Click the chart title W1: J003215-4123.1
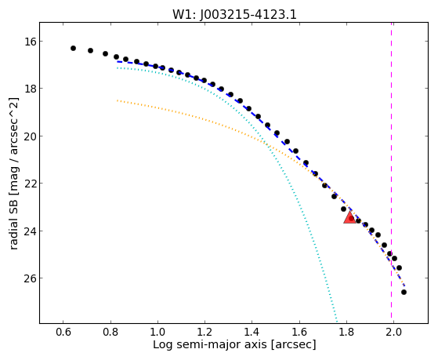[x=234, y=15]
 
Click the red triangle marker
[x=349, y=217]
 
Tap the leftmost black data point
[x=73, y=48]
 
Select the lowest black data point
[x=404, y=292]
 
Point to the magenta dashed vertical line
[x=391, y=173]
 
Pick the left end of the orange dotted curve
[x=118, y=100]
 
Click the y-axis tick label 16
[x=31, y=42]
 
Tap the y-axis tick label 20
[x=31, y=136]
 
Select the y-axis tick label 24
[x=31, y=231]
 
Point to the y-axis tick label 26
[x=31, y=278]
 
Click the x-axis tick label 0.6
[x=63, y=333]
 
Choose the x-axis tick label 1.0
[x=157, y=333]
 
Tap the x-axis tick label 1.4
[x=252, y=333]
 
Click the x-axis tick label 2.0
[x=393, y=333]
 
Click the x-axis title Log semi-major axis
[x=210, y=345]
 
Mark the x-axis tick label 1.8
[x=346, y=333]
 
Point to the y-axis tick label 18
[x=31, y=89]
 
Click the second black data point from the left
[x=91, y=50]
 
